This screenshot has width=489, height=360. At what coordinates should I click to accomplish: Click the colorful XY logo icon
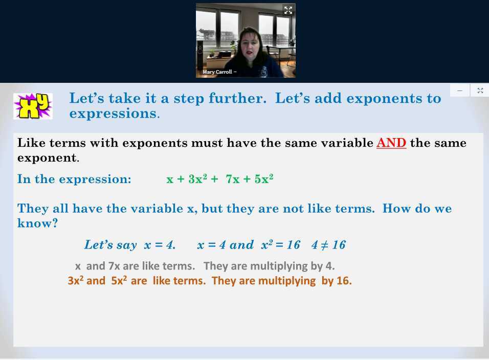[x=33, y=106]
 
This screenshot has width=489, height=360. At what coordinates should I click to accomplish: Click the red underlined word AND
[x=391, y=143]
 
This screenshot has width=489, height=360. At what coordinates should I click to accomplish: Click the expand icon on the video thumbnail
[x=288, y=10]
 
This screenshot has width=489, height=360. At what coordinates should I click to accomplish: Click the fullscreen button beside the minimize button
[x=480, y=91]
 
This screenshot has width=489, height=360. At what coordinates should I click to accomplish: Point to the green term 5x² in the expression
[x=262, y=179]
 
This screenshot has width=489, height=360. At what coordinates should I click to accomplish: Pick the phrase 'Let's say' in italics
[x=110, y=245]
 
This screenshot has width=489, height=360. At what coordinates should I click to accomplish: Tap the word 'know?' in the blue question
[x=37, y=223]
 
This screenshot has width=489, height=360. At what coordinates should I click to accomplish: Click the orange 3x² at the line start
[x=75, y=281]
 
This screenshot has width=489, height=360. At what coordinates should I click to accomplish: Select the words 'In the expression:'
[x=74, y=179]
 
